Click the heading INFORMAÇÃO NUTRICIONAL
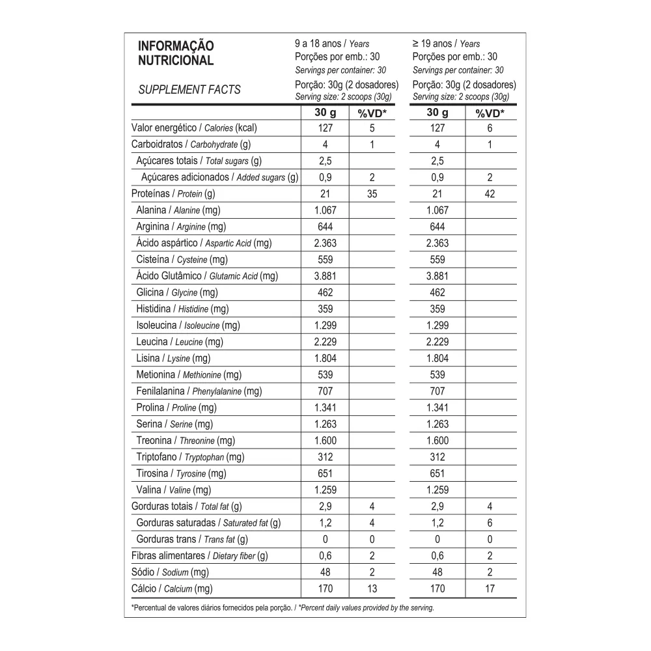pyautogui.click(x=176, y=53)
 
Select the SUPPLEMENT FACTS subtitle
pyautogui.click(x=189, y=90)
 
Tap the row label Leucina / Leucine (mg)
pyautogui.click(x=180, y=342)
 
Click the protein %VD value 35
pyautogui.click(x=372, y=194)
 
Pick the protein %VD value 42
pyautogui.click(x=490, y=194)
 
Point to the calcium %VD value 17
pyautogui.click(x=490, y=589)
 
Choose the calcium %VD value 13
pyautogui.click(x=372, y=589)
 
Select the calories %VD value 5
pyautogui.click(x=372, y=128)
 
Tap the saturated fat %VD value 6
pyautogui.click(x=490, y=523)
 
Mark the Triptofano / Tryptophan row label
pyautogui.click(x=190, y=457)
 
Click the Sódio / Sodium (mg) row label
pyautogui.click(x=170, y=572)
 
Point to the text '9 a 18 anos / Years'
pyautogui.click(x=332, y=44)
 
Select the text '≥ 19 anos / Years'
pyautogui.click(x=447, y=44)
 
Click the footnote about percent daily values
pyautogui.click(x=283, y=607)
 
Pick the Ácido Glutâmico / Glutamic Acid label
pyautogui.click(x=207, y=276)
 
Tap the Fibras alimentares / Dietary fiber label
pyautogui.click(x=200, y=556)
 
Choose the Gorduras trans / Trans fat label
pyautogui.click(x=192, y=539)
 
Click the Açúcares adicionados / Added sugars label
pyautogui.click(x=219, y=177)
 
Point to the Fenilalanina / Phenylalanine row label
pyautogui.click(x=199, y=391)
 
